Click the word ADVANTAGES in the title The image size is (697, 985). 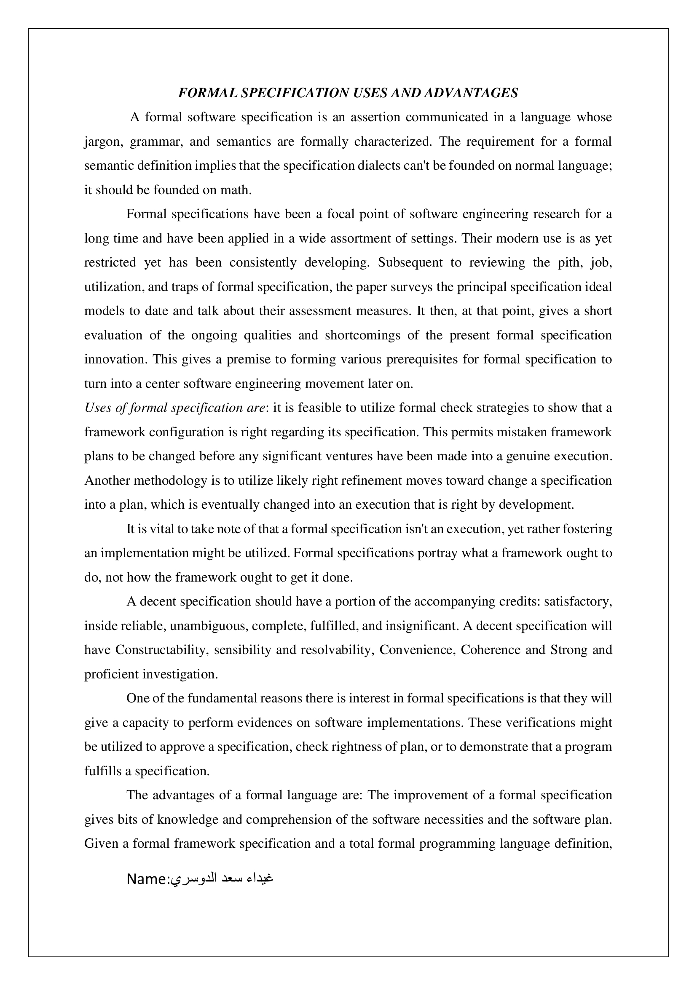[x=471, y=93]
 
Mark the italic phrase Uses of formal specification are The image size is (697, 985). [x=175, y=408]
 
